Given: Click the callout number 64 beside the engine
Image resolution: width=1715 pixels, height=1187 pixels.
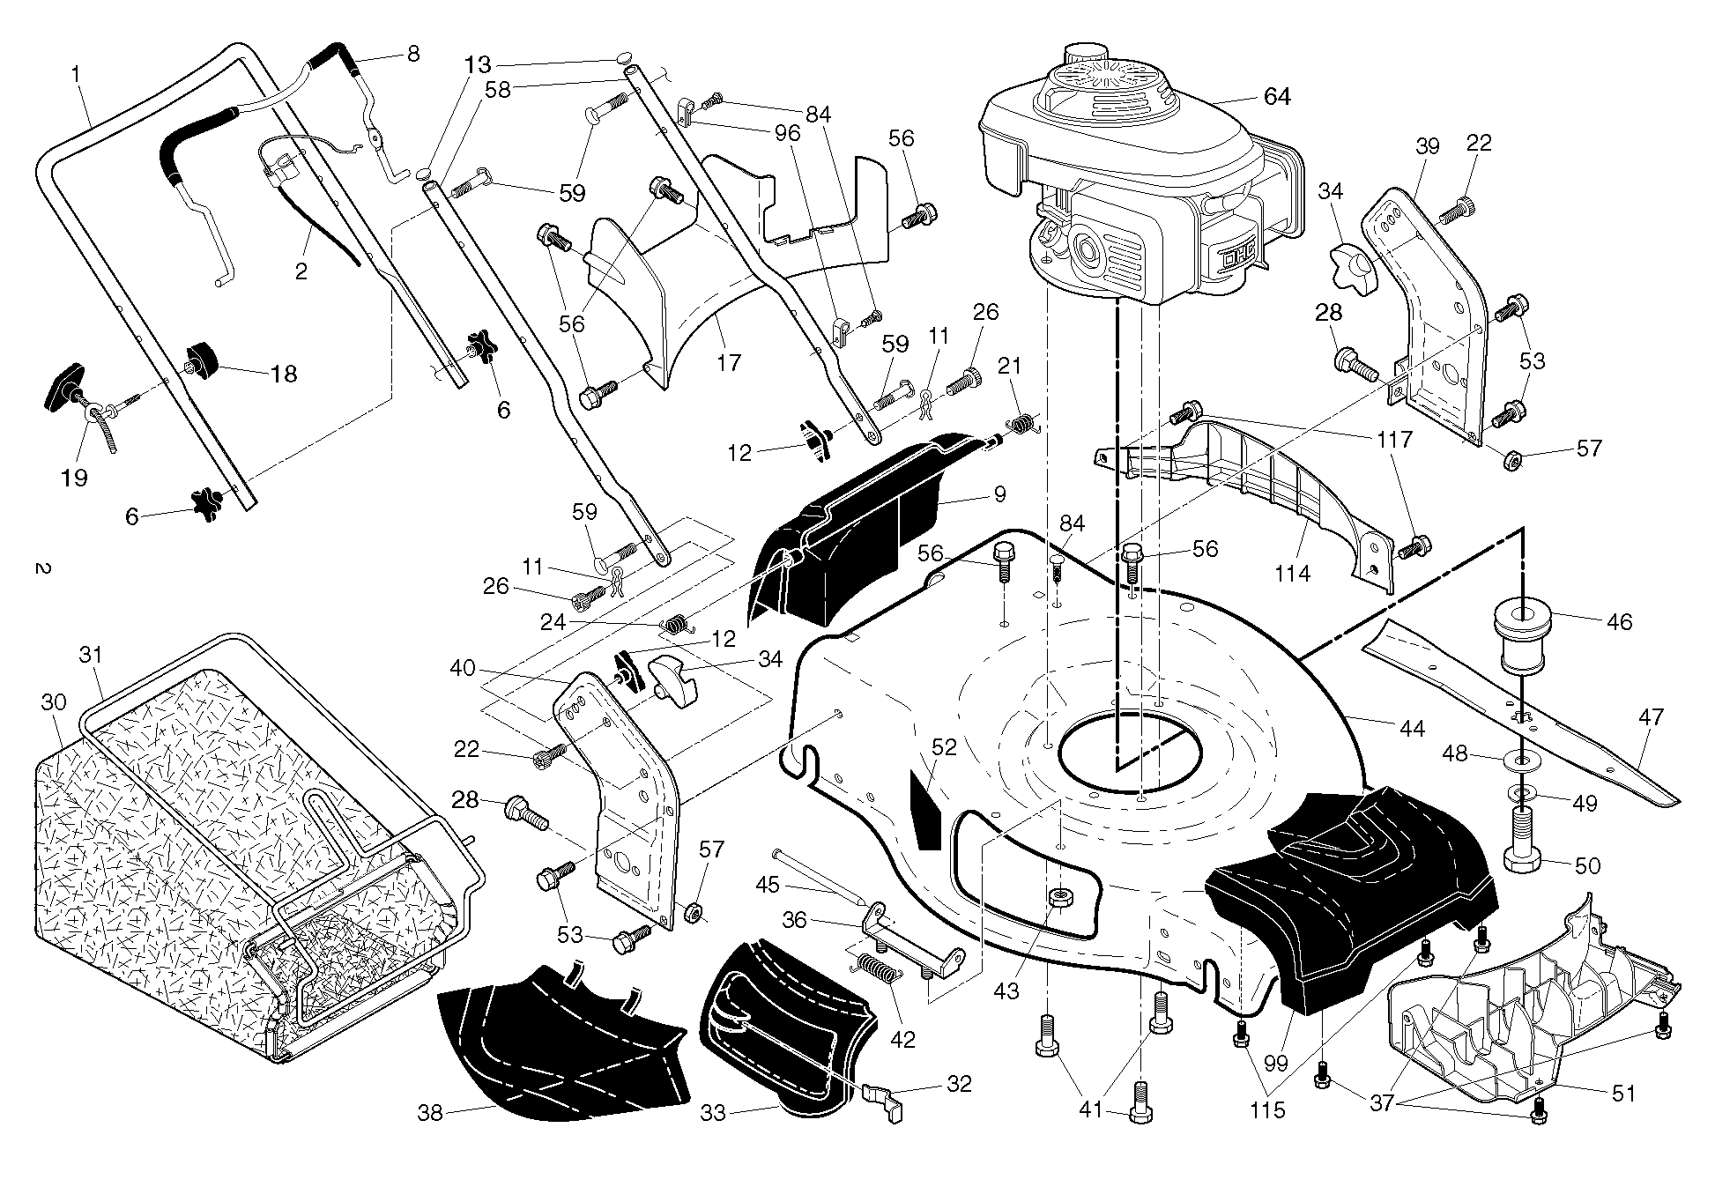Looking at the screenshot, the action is [x=1276, y=96].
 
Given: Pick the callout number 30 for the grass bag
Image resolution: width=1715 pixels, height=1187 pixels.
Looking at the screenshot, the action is [x=54, y=701].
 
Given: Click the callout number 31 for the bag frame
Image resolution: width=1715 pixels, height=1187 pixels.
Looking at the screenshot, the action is [x=91, y=655].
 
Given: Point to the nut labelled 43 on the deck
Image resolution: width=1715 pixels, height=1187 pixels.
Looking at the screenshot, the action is [x=1059, y=899].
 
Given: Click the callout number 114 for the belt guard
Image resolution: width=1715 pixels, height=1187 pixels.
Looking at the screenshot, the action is [x=1292, y=573].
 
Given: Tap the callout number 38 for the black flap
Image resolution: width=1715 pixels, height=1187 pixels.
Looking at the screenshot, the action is [x=430, y=1113].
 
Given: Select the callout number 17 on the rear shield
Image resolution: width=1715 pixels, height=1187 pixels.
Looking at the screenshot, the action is [x=729, y=362].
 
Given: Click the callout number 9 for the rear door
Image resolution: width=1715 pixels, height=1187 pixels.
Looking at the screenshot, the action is [x=999, y=494].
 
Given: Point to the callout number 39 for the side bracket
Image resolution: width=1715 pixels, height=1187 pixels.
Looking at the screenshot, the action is [x=1427, y=146].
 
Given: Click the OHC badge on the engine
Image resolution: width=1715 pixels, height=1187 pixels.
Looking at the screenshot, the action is [x=1239, y=256].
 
